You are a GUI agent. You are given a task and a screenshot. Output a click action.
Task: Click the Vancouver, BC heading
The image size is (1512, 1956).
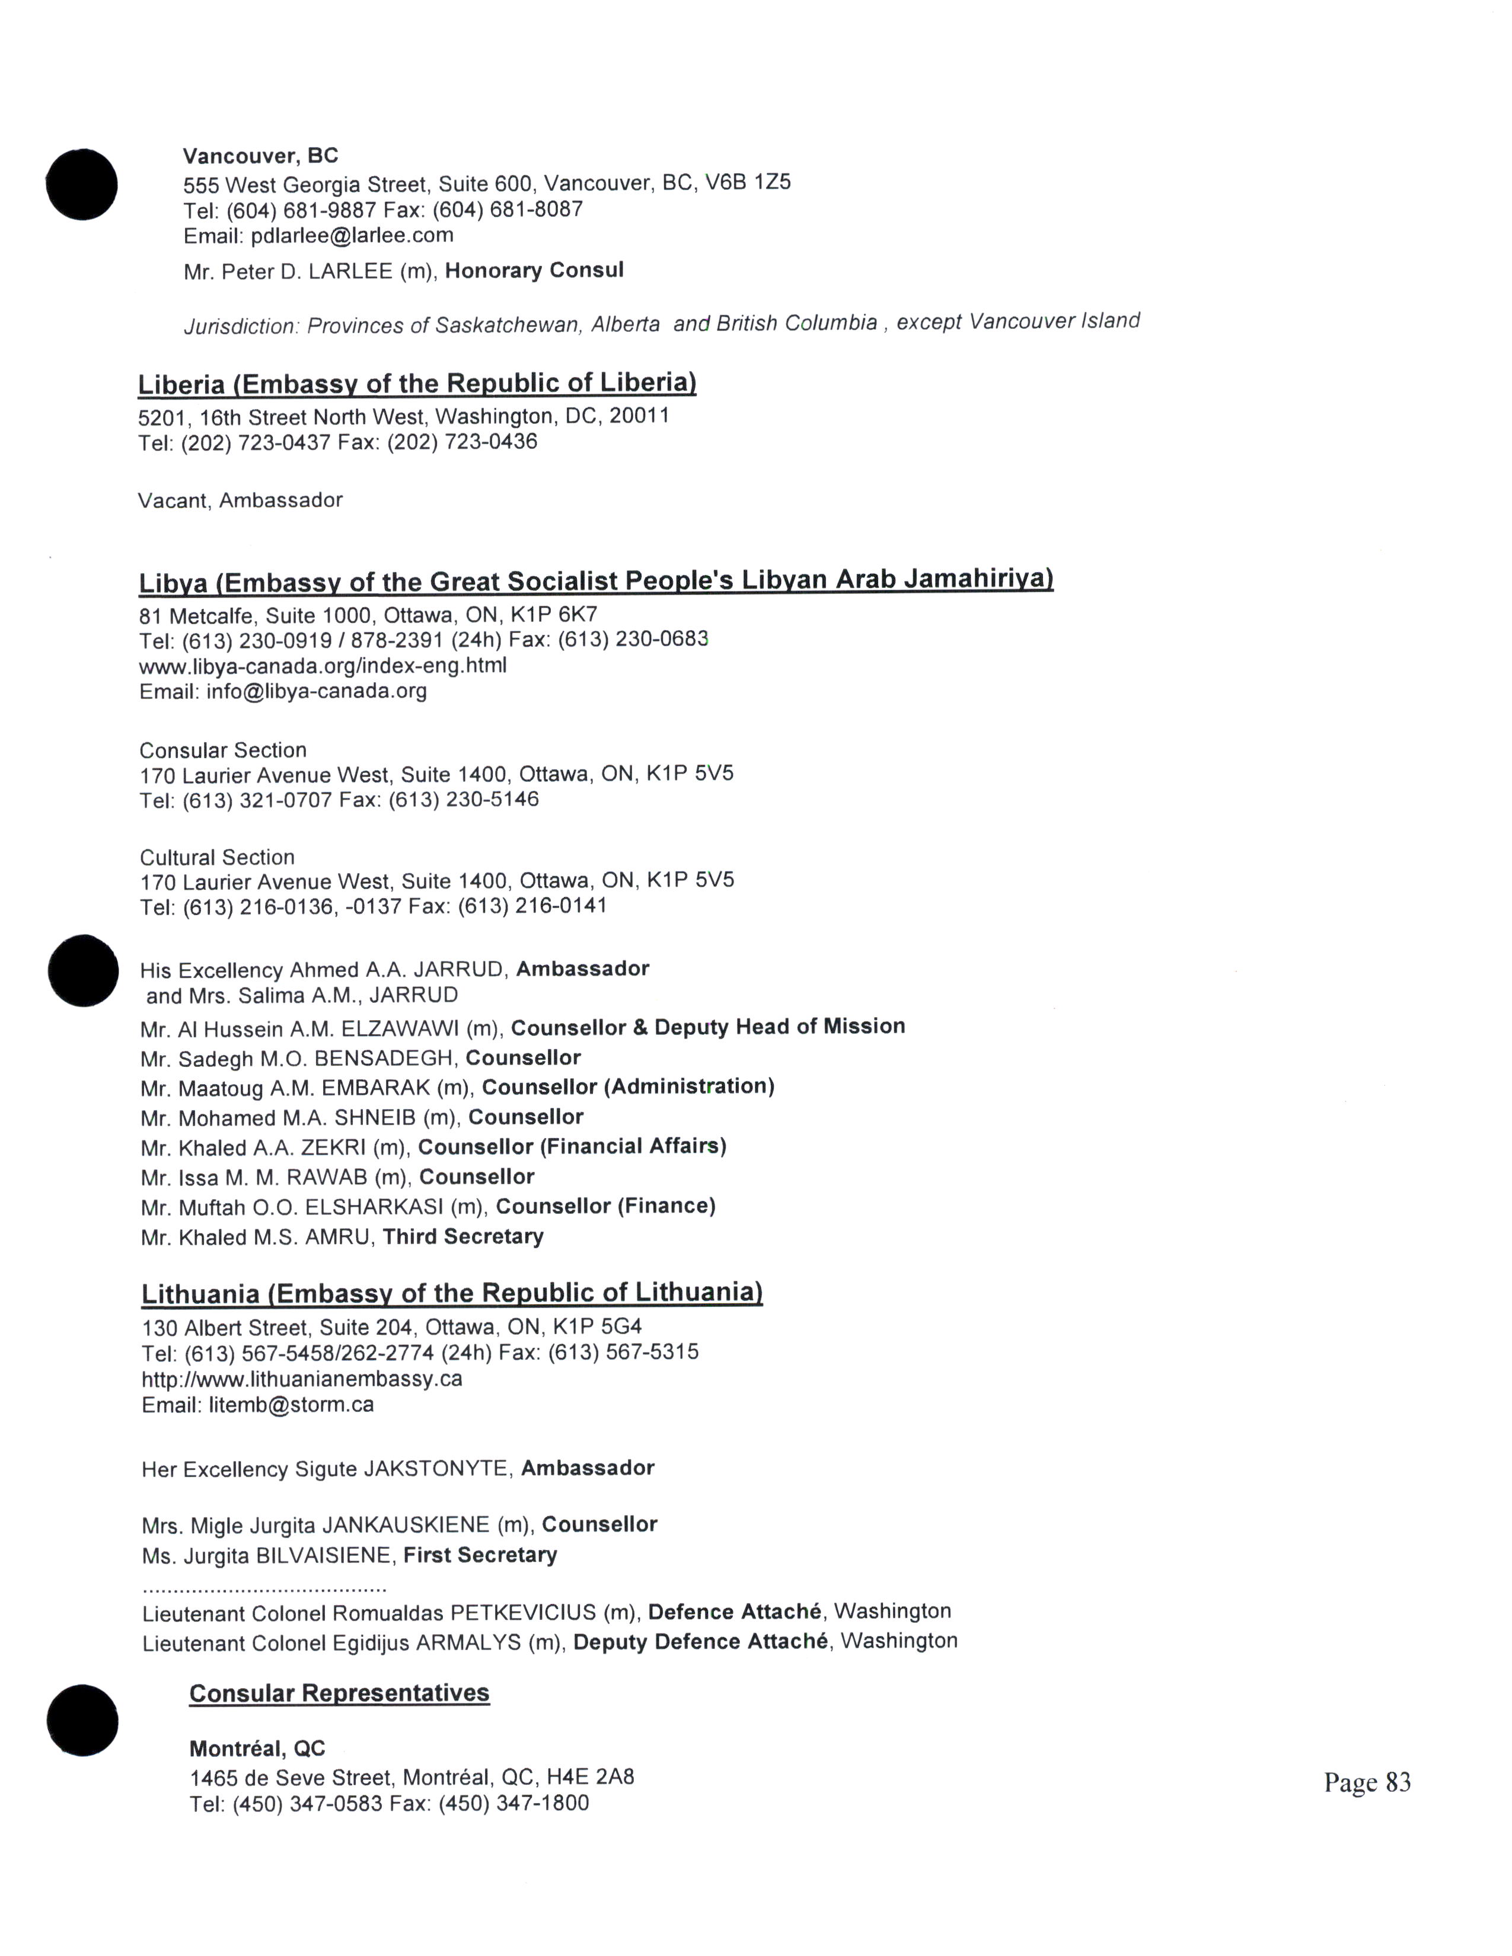(261, 156)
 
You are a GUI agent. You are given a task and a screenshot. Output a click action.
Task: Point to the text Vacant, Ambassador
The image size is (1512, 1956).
(240, 500)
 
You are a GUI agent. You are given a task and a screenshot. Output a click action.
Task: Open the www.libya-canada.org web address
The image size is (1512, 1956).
(323, 666)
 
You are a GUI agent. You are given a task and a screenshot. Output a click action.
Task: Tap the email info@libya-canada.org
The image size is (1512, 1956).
(316, 691)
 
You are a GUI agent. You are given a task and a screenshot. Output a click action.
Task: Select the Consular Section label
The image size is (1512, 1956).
(223, 750)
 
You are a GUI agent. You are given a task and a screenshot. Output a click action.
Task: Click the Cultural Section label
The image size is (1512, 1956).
(217, 857)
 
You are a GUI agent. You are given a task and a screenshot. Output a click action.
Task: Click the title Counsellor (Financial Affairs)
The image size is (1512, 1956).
(572, 1146)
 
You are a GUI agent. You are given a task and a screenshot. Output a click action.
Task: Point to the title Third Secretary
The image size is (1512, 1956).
(463, 1237)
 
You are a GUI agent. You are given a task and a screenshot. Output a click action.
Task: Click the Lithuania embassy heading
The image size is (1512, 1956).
(451, 1293)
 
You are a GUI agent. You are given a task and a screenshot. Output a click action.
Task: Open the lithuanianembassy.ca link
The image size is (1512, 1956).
(302, 1378)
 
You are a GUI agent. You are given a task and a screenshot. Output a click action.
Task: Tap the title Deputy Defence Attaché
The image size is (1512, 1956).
(700, 1642)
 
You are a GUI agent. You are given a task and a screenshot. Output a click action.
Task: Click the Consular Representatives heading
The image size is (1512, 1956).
(340, 1693)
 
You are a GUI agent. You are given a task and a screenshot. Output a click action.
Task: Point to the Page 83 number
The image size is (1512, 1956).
(1367, 1782)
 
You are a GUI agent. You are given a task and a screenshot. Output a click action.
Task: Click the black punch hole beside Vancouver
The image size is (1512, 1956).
(81, 184)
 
